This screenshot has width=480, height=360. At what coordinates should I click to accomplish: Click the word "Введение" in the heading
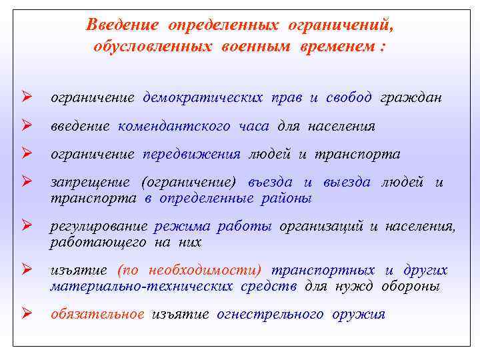122,25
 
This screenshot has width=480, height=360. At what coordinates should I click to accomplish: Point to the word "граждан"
411,98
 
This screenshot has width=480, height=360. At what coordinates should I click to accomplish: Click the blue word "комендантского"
175,126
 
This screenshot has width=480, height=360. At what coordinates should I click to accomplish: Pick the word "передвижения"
191,154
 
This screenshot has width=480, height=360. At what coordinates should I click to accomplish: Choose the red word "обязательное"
97,314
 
